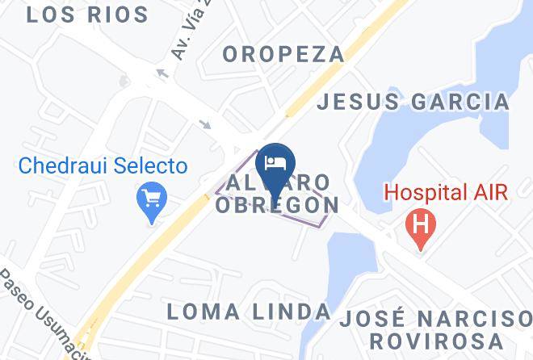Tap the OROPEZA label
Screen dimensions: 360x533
pyautogui.click(x=283, y=54)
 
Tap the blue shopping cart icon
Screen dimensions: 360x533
pyautogui.click(x=151, y=198)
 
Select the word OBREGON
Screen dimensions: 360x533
pyautogui.click(x=277, y=205)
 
